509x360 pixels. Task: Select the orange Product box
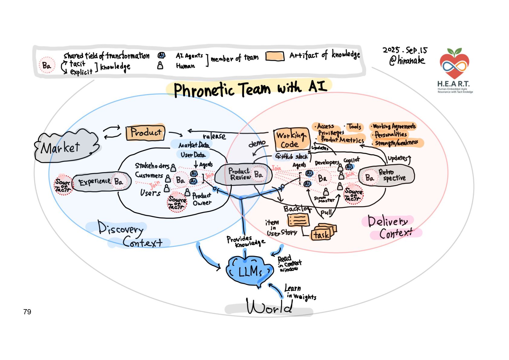click(x=145, y=133)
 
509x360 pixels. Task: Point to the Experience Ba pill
click(x=102, y=182)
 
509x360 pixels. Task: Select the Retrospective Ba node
click(x=386, y=176)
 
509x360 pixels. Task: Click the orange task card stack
click(x=323, y=232)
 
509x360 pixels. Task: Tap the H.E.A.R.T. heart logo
click(x=454, y=64)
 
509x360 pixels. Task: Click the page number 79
click(x=27, y=312)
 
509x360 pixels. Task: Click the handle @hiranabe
click(x=407, y=61)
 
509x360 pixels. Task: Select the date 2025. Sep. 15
click(x=405, y=50)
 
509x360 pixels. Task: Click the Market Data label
click(x=193, y=145)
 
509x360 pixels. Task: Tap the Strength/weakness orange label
click(x=397, y=143)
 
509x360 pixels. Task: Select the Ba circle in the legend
click(x=47, y=65)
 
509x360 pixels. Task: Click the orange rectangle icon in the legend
click(x=275, y=57)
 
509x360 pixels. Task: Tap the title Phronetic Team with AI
click(x=250, y=88)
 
